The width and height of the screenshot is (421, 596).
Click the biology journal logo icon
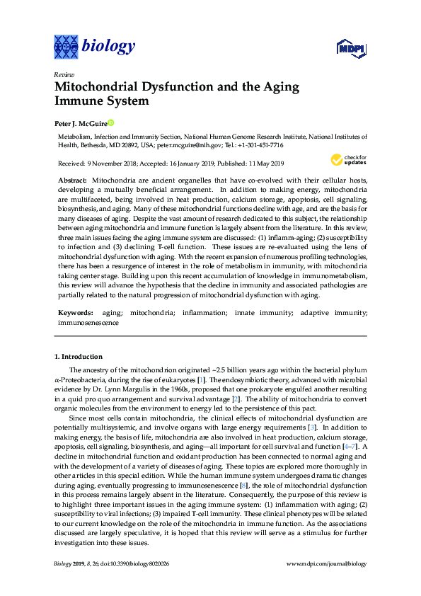[x=67, y=47]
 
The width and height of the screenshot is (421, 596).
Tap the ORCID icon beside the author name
[x=110, y=123]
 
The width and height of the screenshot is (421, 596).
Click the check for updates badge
[x=348, y=160]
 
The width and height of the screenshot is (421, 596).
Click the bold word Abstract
[x=73, y=182]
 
